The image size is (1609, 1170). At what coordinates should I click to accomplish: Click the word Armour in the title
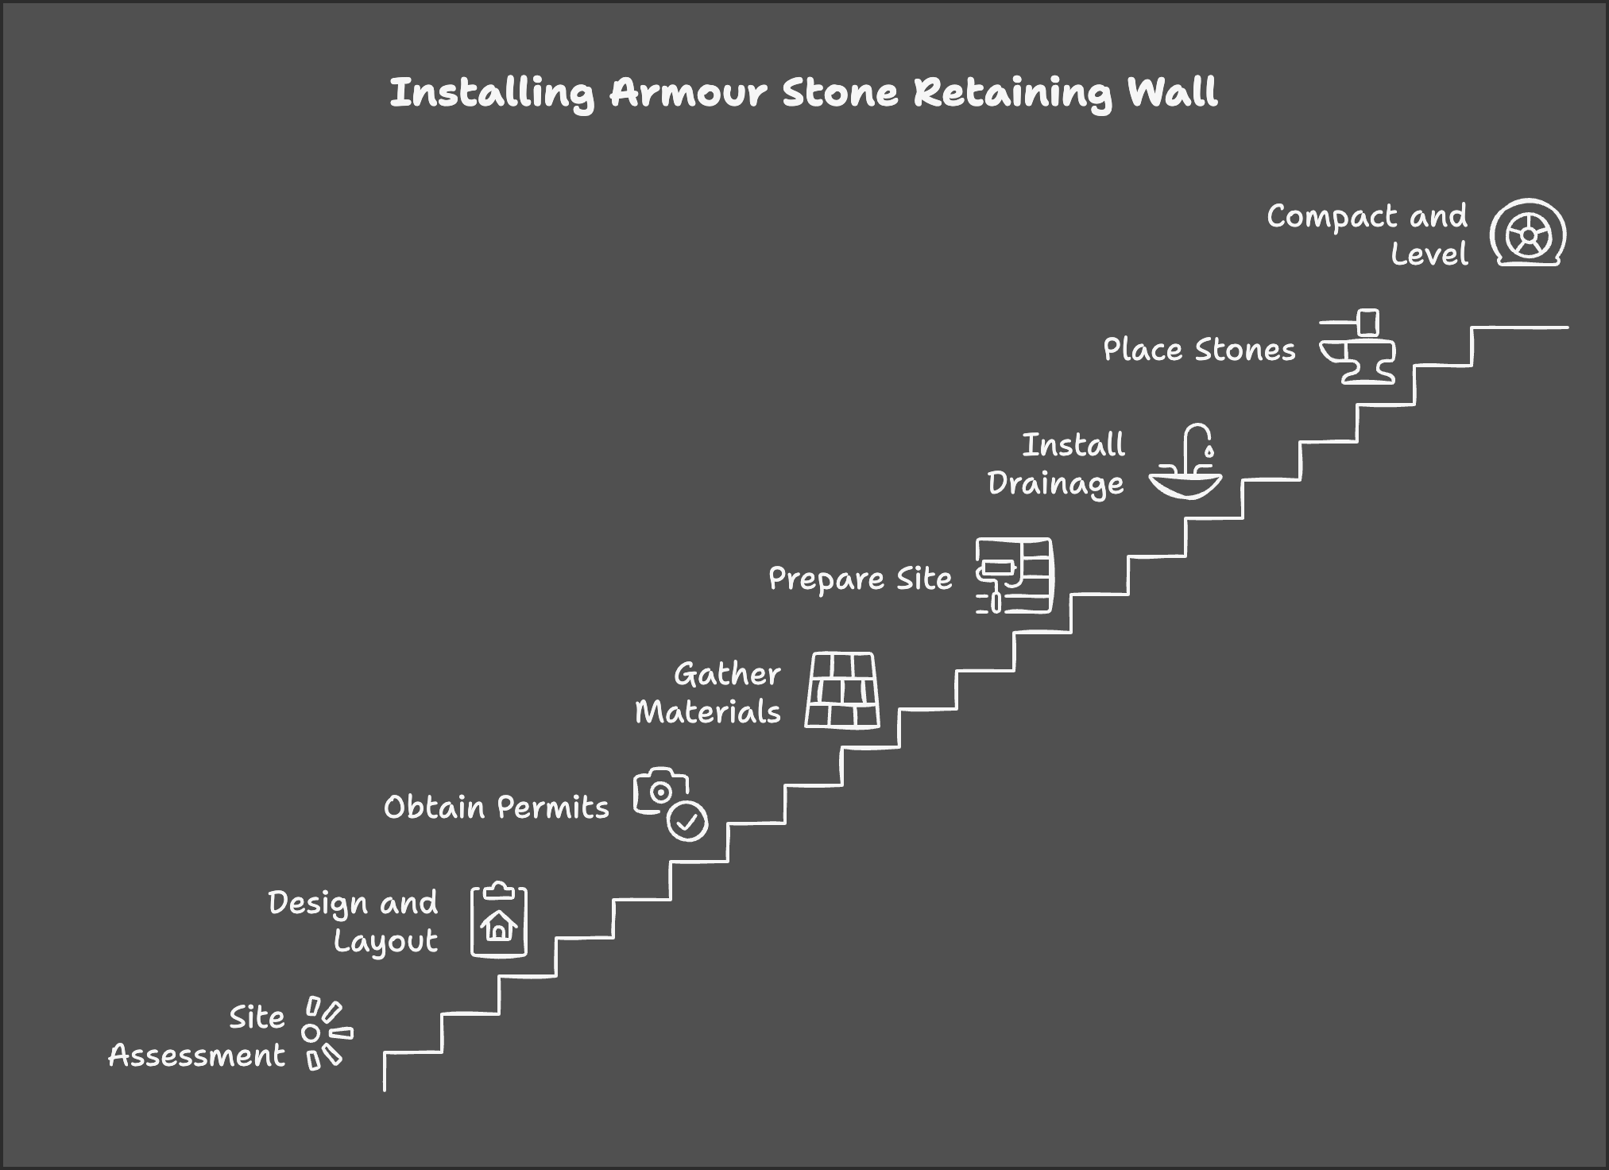point(688,93)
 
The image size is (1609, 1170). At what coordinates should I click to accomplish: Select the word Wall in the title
point(1173,93)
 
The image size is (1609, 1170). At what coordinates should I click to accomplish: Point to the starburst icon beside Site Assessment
point(326,1033)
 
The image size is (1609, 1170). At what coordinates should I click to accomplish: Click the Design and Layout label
point(354,922)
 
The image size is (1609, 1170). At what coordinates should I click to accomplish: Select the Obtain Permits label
point(497,808)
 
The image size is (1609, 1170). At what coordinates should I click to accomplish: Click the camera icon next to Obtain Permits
point(659,792)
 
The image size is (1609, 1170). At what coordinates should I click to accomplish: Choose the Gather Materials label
point(708,693)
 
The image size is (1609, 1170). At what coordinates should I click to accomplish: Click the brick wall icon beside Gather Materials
point(842,691)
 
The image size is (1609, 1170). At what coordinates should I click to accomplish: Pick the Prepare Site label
point(861,579)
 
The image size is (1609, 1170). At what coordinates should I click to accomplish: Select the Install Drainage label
point(1057,464)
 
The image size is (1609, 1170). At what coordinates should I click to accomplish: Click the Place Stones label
point(1199,350)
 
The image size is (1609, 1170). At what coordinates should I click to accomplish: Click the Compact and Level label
point(1367,235)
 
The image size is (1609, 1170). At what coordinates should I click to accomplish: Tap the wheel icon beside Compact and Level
point(1527,233)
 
